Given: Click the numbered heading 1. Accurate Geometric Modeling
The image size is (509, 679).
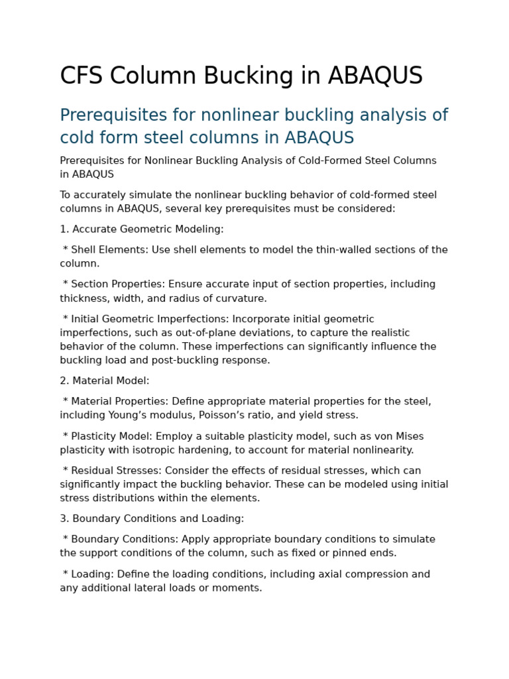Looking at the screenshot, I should pos(142,229).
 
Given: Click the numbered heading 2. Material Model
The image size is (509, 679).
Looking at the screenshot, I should pos(105,381).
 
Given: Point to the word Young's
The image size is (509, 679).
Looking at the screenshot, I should pos(184,415).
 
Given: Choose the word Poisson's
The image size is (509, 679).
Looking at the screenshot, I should pos(270,415).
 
